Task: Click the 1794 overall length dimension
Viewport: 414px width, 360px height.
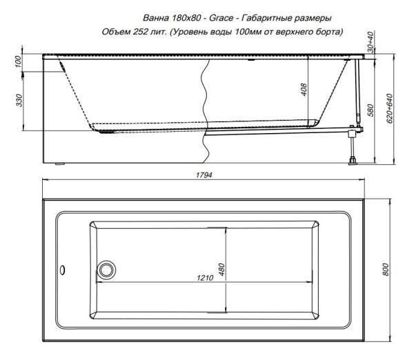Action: tap(204, 176)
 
